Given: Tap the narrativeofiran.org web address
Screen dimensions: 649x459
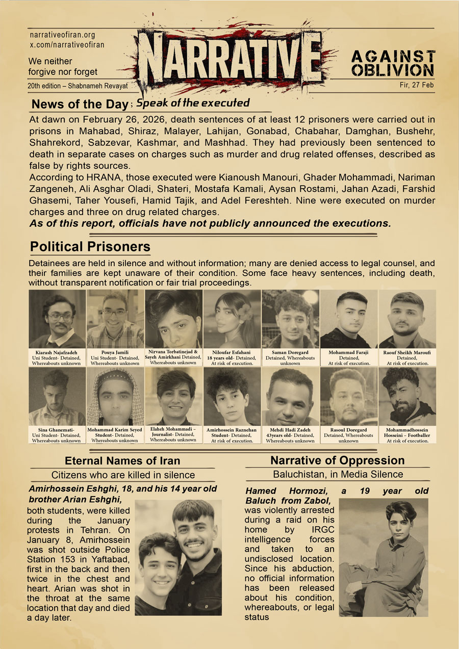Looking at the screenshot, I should click(63, 35).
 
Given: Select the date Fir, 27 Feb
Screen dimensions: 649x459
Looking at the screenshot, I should click(417, 85).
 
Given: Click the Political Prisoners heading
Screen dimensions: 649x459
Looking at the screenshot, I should click(90, 247).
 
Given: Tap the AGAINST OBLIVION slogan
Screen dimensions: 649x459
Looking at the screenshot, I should click(393, 63).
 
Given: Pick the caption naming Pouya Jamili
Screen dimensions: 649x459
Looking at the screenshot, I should click(115, 357).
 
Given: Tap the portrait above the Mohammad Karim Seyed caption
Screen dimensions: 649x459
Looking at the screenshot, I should click(115, 396).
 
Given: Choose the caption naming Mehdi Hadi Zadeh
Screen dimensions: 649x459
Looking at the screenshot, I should click(290, 435).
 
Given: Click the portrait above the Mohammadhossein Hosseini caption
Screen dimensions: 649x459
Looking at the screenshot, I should click(407, 396).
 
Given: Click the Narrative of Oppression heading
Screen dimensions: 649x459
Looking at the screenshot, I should click(338, 460).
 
